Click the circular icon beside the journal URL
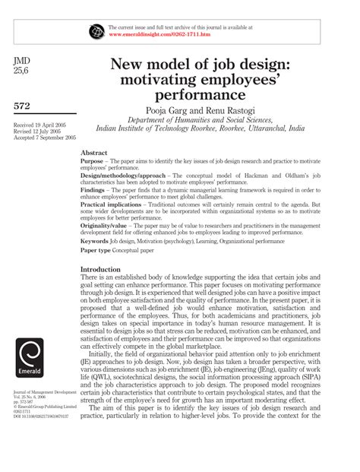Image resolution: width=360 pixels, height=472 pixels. (x=96, y=31)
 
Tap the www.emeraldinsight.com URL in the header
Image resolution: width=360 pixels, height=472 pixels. (x=159, y=35)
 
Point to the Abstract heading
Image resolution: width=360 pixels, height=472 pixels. (x=94, y=152)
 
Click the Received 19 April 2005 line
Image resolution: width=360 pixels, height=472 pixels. (x=39, y=124)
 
